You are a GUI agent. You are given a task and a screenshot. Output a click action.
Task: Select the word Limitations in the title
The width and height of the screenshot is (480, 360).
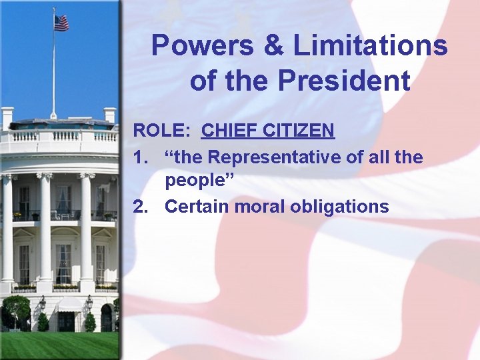pyautogui.click(x=371, y=47)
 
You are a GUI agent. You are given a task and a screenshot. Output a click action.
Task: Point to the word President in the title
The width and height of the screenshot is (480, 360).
pyautogui.click(x=344, y=81)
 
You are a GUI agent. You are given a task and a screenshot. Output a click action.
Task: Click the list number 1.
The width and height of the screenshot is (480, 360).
pyautogui.click(x=139, y=158)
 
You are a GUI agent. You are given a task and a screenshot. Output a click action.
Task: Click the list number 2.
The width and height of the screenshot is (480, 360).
pyautogui.click(x=140, y=207)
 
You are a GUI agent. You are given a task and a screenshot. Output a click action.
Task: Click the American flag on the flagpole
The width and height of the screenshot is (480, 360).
pyautogui.click(x=61, y=23)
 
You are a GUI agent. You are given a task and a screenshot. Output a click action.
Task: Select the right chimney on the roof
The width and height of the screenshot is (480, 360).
pyautogui.click(x=109, y=115)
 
